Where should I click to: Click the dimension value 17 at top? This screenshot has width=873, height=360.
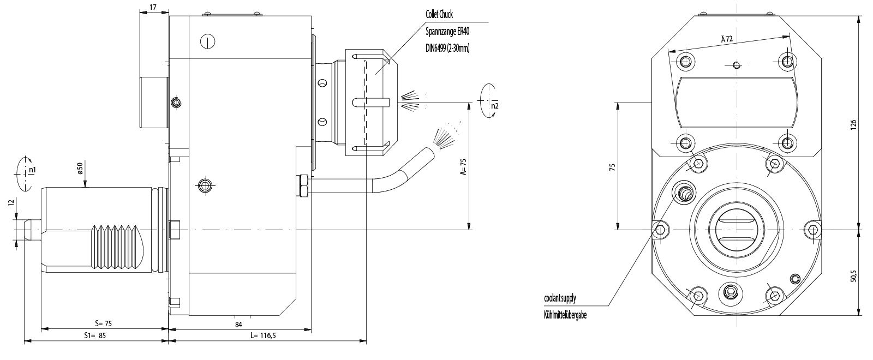153,7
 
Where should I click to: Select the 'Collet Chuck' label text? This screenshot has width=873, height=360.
439,14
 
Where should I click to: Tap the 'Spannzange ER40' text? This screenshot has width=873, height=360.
447,31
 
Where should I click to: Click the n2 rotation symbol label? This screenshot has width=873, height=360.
494,106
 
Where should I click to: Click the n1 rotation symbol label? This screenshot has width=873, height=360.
33,170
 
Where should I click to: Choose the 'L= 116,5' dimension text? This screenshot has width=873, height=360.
263,335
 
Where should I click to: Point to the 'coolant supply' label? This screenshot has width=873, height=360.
559,298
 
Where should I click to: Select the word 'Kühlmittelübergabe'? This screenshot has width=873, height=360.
565,315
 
